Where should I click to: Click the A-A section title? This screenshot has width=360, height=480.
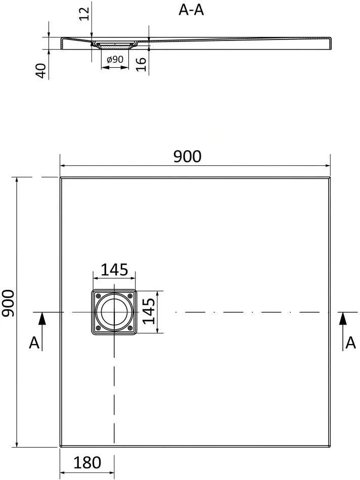pos(191,10)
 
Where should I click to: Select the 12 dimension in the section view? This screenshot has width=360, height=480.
pos(84,14)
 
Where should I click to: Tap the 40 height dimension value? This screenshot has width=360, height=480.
pos(41,70)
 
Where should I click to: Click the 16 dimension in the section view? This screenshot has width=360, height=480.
pos(141,64)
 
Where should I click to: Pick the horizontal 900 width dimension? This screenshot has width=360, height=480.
pos(188,156)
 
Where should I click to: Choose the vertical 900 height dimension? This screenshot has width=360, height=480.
pos(8,303)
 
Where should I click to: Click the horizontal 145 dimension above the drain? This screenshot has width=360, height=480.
pos(114,270)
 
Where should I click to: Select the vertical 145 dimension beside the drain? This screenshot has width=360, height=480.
pos(149,311)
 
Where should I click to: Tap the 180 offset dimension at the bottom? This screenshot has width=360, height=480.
pos(87,462)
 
